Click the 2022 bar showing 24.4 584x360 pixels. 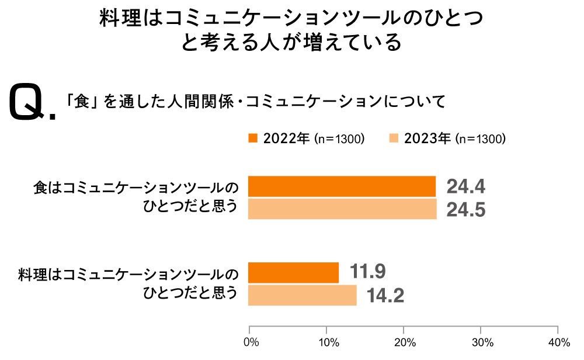point(342,186)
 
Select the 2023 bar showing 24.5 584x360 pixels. point(342,209)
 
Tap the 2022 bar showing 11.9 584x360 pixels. point(293,273)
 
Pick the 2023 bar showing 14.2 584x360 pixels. point(302,295)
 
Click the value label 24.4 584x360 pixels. point(466,187)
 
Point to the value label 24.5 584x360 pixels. point(466,210)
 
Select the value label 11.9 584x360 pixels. point(368,272)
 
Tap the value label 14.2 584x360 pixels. point(385,296)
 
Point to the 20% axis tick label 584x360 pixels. point(404,342)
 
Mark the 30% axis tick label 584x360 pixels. point(481,342)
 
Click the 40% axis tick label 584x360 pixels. point(558,342)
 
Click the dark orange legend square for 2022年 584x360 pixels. point(253,139)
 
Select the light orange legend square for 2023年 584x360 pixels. point(394,139)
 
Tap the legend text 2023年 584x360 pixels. point(427,139)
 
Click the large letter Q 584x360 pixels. point(28,102)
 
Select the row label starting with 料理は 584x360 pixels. point(128,283)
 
